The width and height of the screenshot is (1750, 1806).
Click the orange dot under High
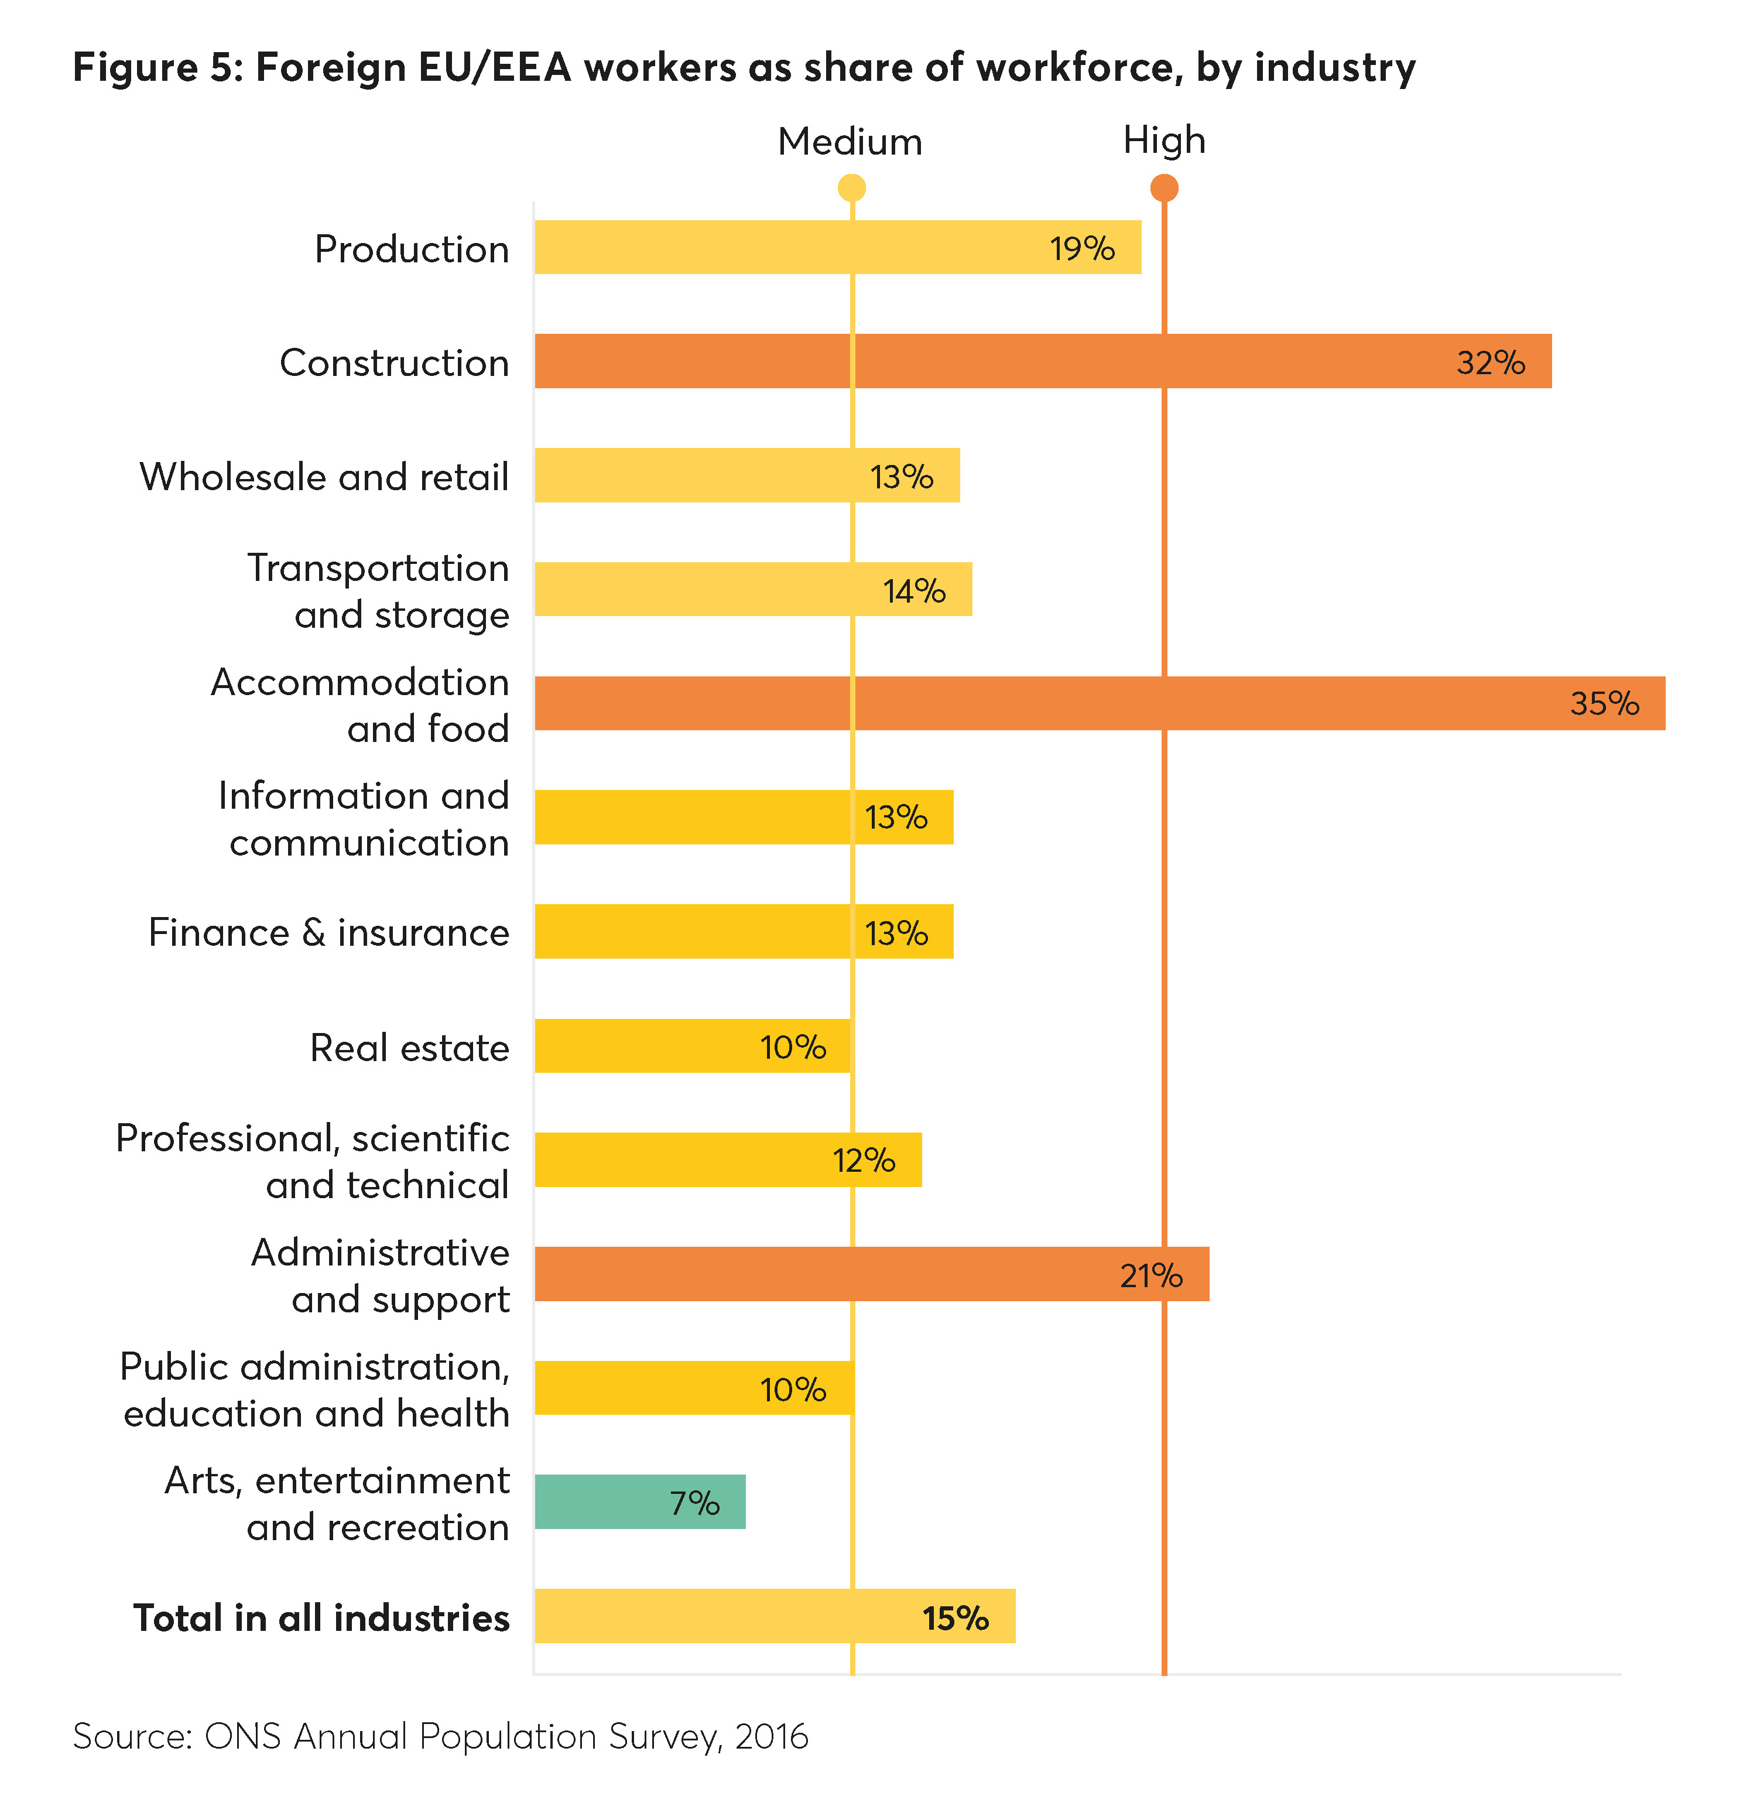point(1164,188)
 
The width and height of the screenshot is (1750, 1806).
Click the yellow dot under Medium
point(851,188)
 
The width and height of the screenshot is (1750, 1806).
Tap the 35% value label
point(1604,704)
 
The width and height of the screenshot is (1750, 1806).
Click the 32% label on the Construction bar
point(1490,362)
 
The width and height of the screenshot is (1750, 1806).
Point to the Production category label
point(412,249)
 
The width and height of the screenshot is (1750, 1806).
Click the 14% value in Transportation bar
point(914,591)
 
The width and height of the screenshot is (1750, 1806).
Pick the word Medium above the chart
point(849,142)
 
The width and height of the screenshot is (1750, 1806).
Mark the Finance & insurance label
point(329,932)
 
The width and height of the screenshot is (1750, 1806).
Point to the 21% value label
point(1150,1275)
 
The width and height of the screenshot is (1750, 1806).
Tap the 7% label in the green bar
point(694,1503)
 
